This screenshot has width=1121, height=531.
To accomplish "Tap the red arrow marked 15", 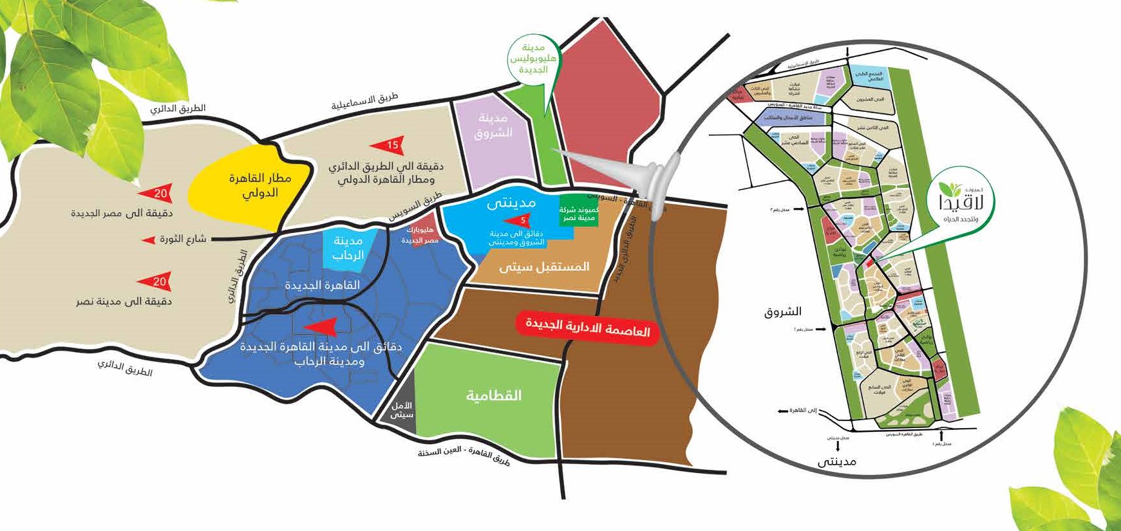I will [390, 145].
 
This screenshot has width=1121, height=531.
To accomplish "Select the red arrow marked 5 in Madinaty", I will [518, 221].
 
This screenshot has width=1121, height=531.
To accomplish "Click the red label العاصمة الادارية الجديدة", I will [587, 328].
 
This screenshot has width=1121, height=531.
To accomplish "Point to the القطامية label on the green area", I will [494, 395].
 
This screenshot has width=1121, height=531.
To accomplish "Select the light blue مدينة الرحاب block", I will [347, 248].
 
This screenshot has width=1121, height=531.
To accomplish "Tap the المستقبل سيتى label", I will [544, 266].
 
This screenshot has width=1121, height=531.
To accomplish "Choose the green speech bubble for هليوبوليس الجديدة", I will [533, 59].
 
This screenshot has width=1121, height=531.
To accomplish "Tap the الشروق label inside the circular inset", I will [782, 312].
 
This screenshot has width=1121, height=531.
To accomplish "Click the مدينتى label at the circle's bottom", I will [836, 461].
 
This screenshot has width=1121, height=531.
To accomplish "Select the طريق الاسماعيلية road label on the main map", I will [364, 101].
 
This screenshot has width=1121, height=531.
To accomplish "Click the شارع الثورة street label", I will [183, 239].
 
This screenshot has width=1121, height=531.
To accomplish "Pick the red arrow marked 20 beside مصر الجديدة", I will [156, 193].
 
